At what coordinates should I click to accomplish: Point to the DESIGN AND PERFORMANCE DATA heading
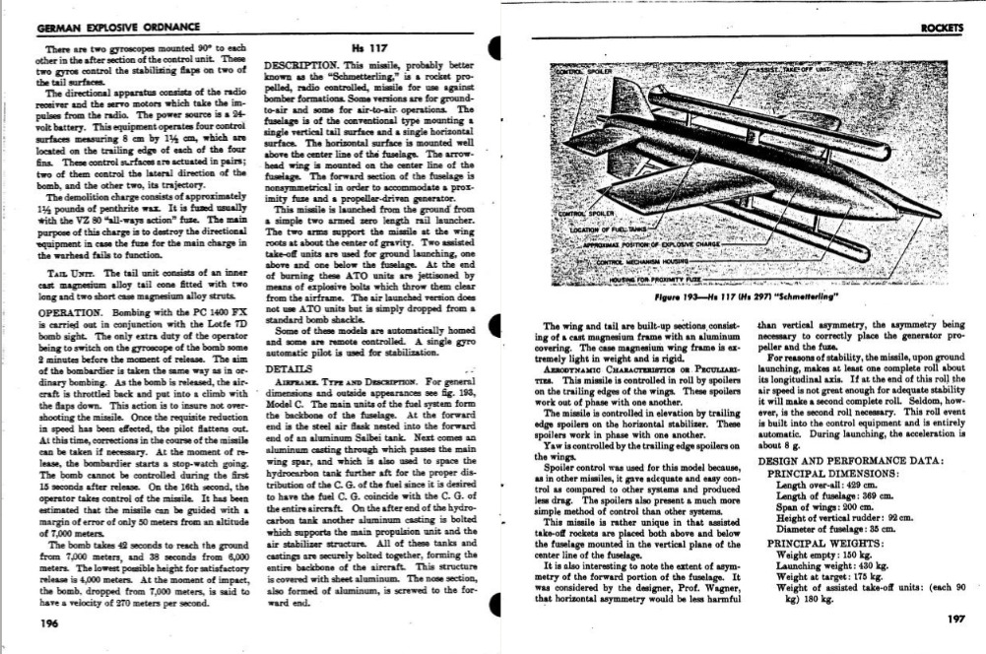[x=851, y=461]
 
